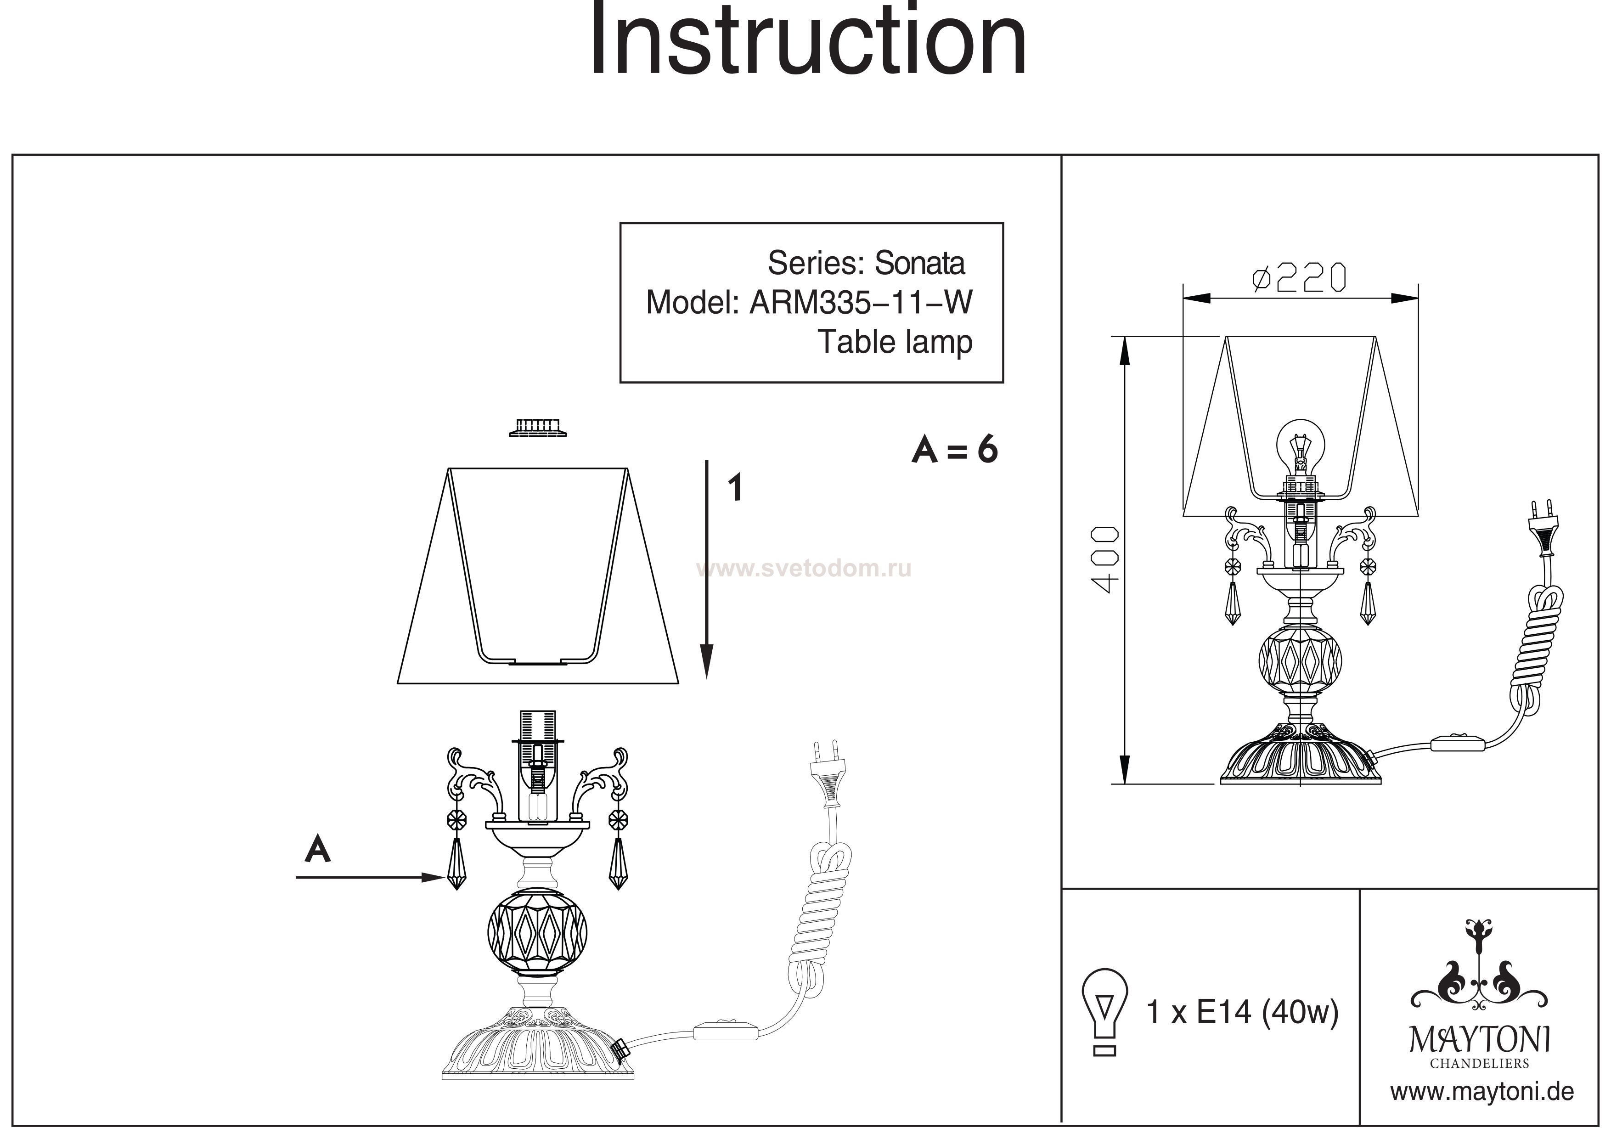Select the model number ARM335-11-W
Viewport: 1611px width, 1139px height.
[861, 303]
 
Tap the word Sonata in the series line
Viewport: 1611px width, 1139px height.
[919, 263]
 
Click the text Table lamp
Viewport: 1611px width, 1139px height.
[896, 343]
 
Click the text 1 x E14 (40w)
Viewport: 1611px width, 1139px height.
[1242, 1012]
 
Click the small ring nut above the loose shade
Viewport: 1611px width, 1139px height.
[537, 428]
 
